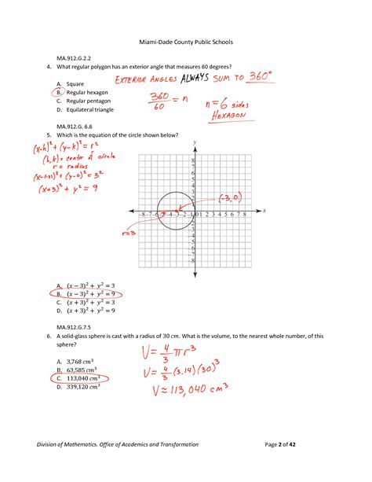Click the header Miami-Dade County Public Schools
coord(185,41)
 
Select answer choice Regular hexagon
coord(89,92)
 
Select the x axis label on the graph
coord(264,211)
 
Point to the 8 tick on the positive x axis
coord(245,213)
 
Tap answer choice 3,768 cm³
coord(79,361)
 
